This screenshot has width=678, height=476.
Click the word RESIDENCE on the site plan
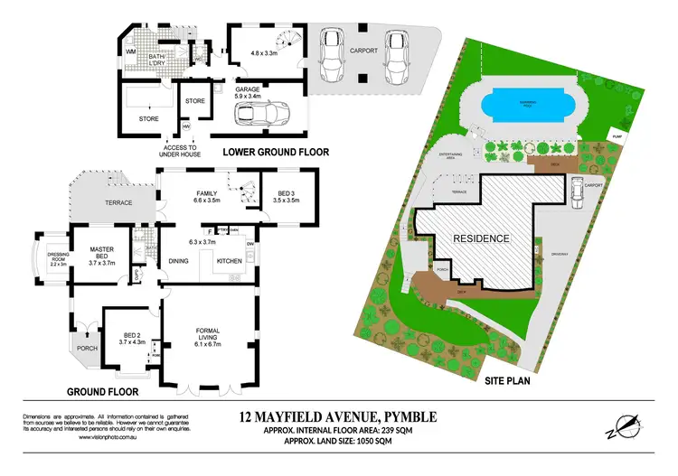(x=482, y=238)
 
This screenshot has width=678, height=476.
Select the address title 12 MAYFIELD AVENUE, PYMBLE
(x=338, y=416)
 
